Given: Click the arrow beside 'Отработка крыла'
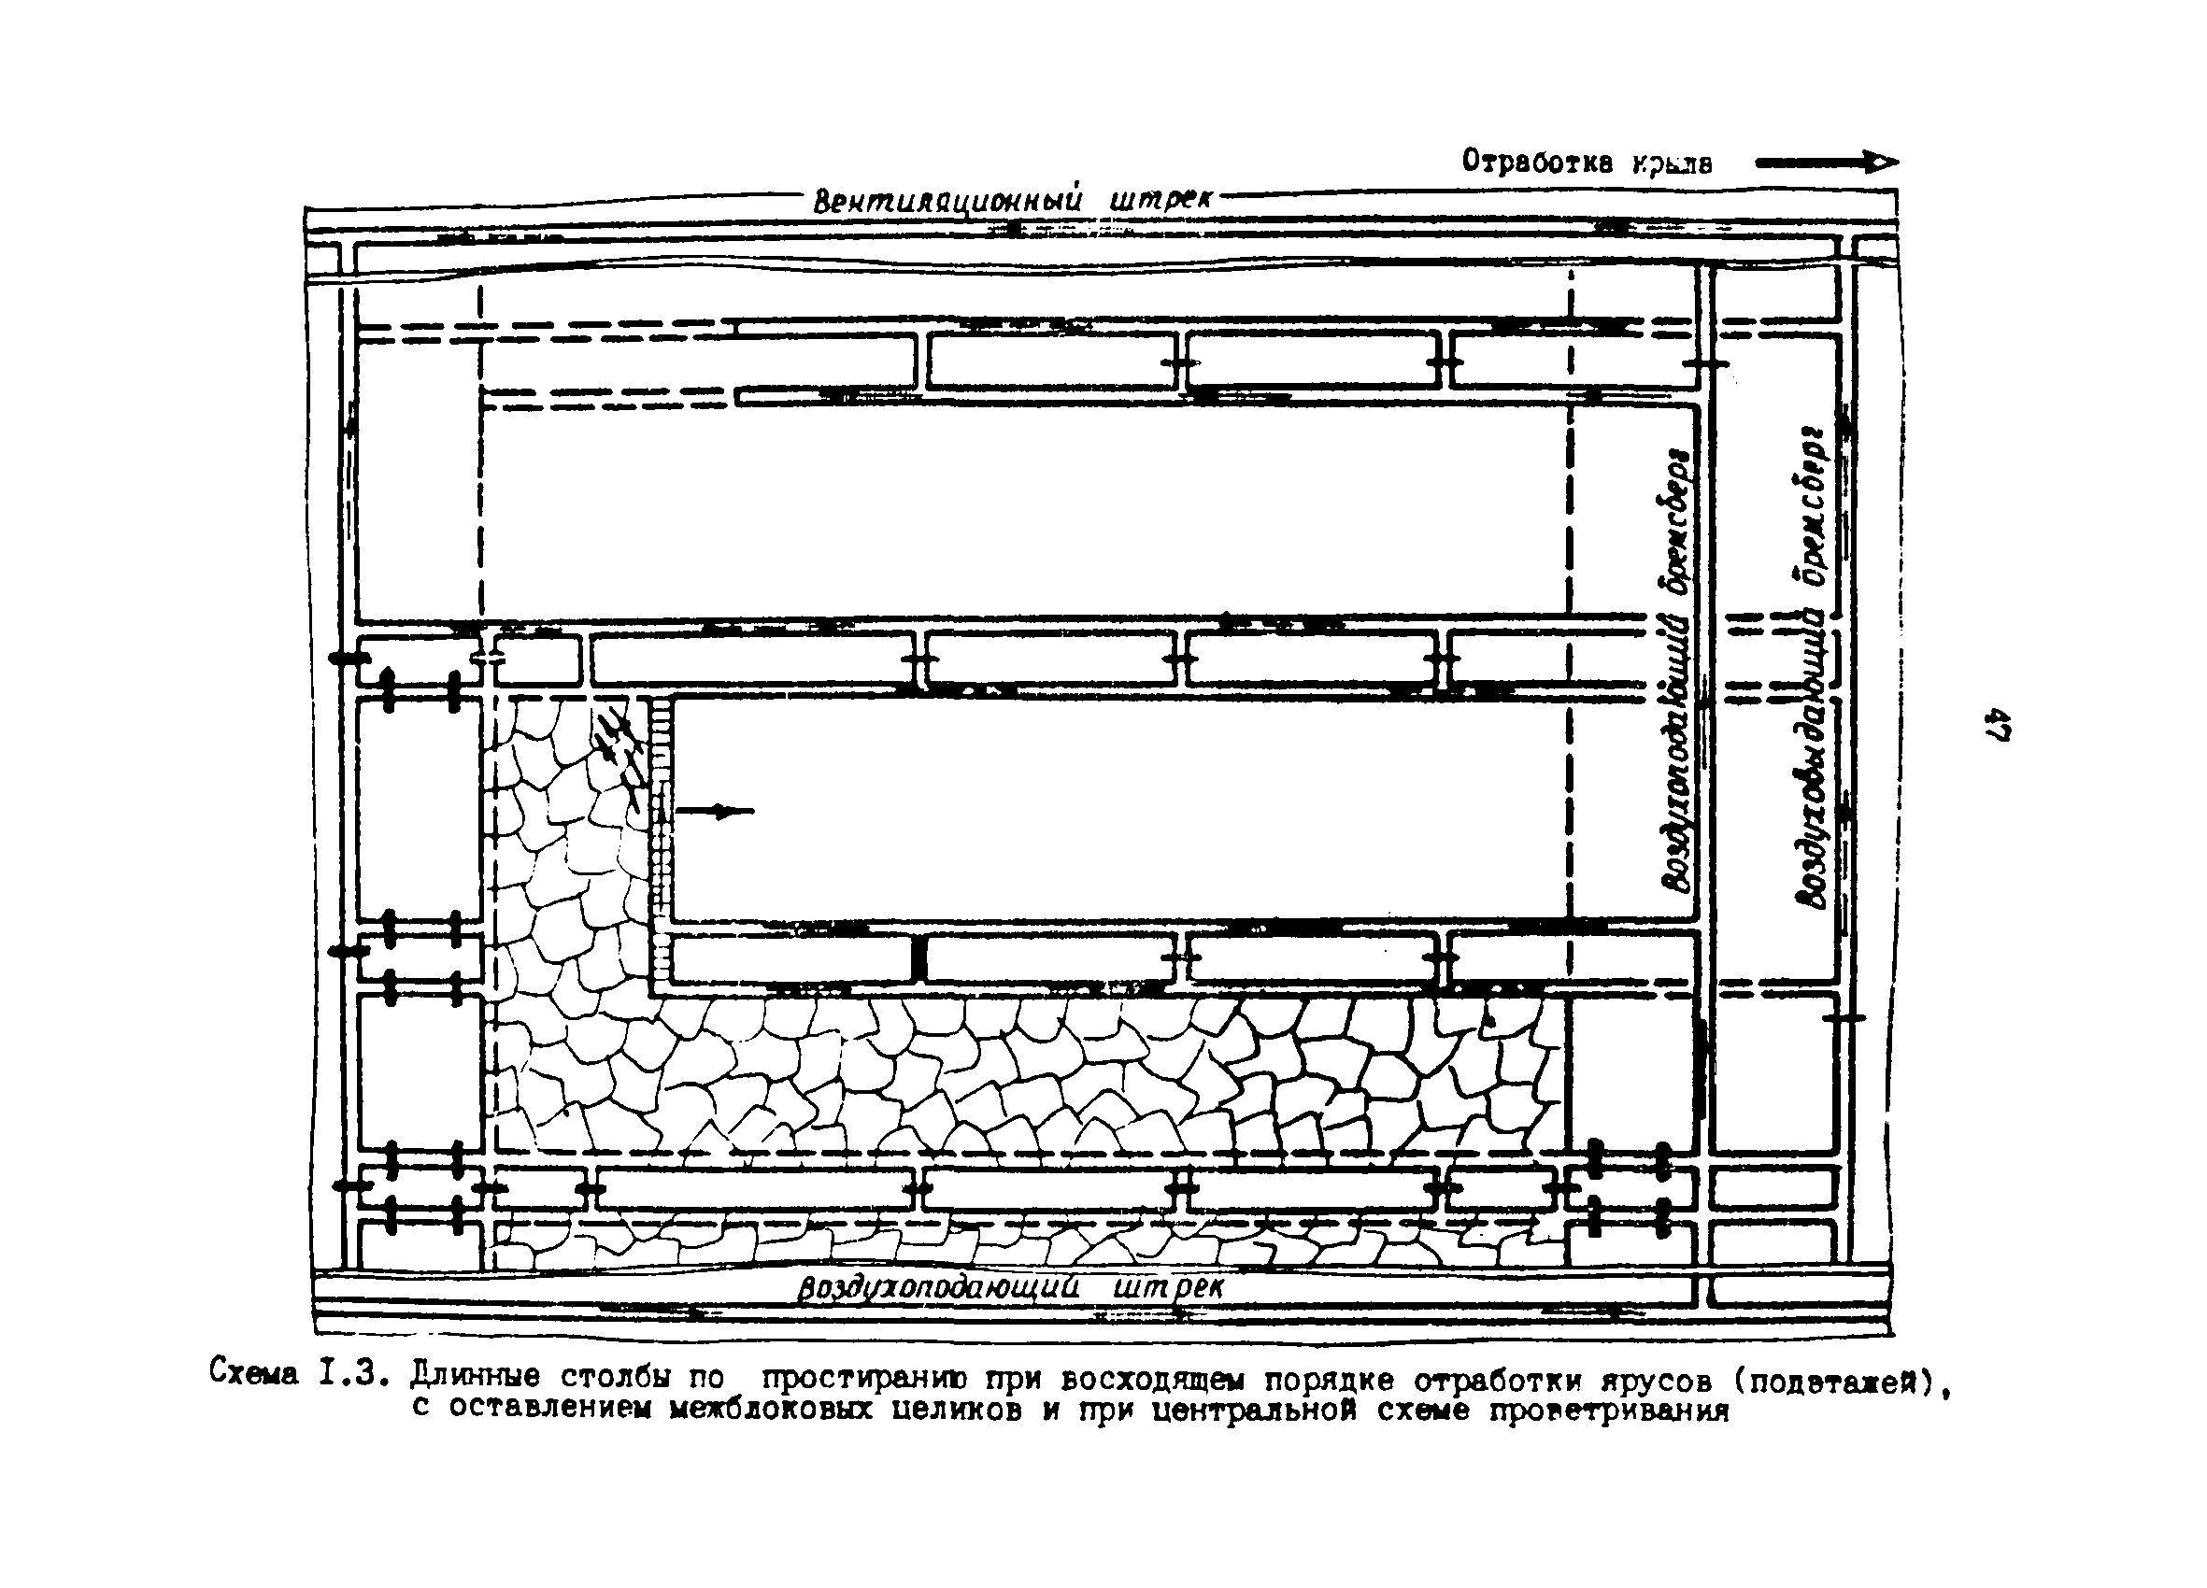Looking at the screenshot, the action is [1827, 163].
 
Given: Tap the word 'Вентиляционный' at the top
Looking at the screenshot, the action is [947, 202].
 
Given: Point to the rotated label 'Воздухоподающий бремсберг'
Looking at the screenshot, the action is [1675, 672].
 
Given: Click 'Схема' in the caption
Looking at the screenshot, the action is [255, 1373].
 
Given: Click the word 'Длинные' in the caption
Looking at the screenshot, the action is [475, 1375].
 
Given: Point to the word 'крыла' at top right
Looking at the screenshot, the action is [1673, 163].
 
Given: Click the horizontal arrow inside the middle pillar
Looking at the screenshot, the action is [715, 811].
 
